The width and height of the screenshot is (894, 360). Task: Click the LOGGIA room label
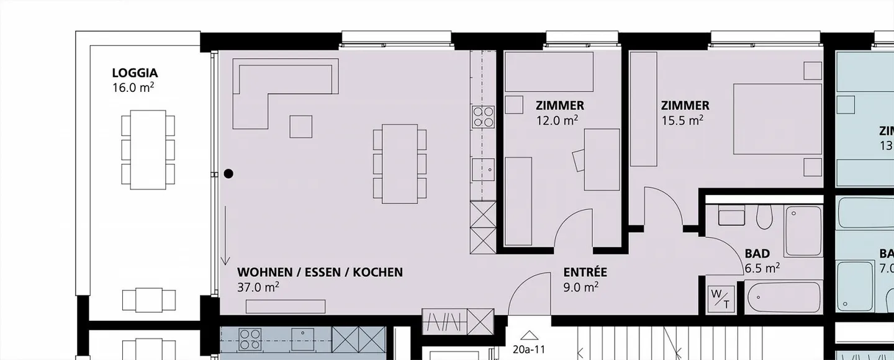point(135,73)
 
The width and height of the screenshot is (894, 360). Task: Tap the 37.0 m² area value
point(258,287)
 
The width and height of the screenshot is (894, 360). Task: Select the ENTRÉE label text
point(585,272)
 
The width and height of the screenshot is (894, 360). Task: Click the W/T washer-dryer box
point(720,298)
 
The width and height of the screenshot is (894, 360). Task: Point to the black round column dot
point(228,174)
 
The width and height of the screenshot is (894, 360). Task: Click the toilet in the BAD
point(764,218)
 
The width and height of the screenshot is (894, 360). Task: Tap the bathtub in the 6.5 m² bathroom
point(783,297)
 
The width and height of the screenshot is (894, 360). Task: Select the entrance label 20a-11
point(529,349)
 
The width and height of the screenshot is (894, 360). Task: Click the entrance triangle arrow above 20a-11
point(529,336)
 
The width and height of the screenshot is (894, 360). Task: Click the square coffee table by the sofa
point(301,127)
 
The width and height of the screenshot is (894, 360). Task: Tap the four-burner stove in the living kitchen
point(484,117)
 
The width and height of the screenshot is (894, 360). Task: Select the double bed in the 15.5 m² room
point(778,119)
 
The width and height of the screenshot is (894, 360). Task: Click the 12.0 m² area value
point(557,120)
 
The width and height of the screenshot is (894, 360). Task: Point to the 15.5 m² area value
point(682,120)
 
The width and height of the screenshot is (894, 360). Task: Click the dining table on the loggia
point(148,150)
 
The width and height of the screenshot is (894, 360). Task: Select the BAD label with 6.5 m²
point(757,254)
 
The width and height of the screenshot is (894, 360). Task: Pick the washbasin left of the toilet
point(731,215)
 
